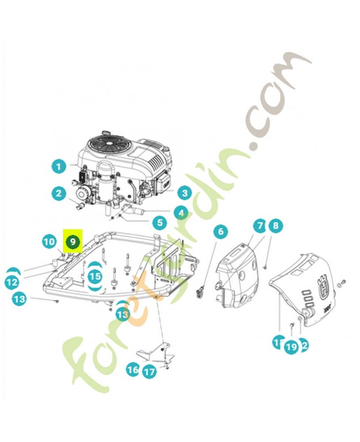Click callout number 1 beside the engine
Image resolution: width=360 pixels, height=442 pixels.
tap(59, 165)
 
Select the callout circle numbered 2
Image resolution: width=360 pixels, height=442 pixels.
tap(59, 193)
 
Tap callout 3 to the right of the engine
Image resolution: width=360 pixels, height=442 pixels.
tap(183, 193)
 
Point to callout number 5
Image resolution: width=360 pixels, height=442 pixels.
tap(160, 223)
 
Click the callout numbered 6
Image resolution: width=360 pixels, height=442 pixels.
tap(220, 231)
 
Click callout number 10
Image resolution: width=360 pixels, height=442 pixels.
tap(50, 241)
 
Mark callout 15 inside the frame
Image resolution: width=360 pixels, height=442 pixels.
tap(95, 276)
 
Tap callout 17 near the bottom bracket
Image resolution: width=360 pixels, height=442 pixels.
tap(150, 372)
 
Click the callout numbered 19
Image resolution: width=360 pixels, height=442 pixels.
tap(291, 347)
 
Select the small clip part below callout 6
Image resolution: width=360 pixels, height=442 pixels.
tap(202, 290)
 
